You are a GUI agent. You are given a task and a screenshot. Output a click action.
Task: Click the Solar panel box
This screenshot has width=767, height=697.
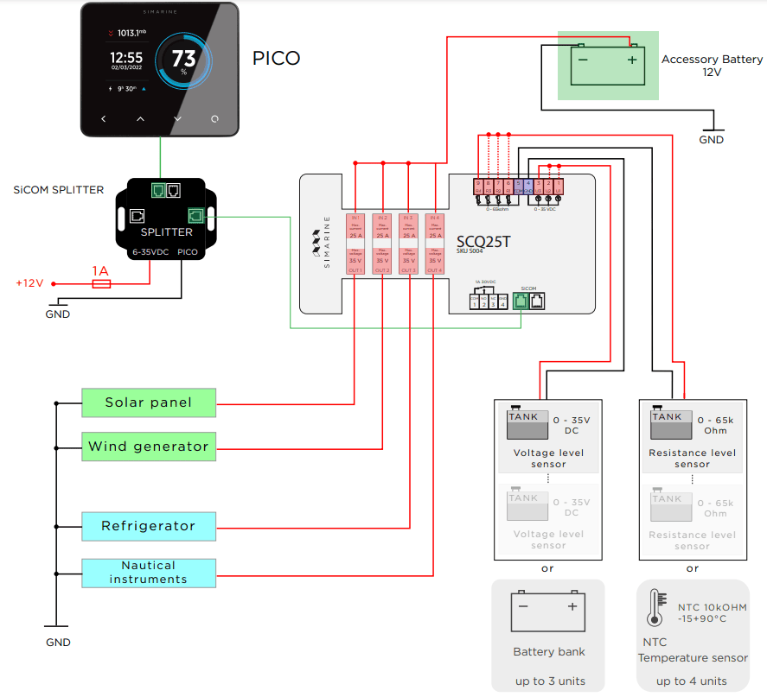[149, 402]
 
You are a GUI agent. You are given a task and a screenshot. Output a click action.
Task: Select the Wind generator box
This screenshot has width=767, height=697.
[149, 447]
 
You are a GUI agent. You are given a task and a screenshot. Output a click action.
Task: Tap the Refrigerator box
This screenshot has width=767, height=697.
[149, 526]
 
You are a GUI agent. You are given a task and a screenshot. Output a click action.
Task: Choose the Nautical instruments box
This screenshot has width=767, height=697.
[149, 572]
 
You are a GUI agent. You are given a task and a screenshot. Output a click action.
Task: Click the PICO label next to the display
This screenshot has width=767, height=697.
[276, 59]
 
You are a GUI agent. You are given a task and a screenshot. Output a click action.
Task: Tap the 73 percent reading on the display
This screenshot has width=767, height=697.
[183, 60]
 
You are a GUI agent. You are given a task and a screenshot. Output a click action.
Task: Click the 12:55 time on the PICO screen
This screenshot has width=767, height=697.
[126, 57]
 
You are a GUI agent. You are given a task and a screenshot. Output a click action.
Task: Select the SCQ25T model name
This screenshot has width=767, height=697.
[483, 241]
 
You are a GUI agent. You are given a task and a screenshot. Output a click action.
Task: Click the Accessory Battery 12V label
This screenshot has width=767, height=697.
[712, 66]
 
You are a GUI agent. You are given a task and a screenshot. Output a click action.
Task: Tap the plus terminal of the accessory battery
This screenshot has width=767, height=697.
[632, 60]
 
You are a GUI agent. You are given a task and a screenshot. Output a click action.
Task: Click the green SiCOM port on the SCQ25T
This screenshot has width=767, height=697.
[521, 301]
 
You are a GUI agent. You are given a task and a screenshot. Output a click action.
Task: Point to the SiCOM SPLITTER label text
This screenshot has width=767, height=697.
[59, 190]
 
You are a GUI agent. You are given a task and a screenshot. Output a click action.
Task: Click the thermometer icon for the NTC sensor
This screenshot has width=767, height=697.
[654, 608]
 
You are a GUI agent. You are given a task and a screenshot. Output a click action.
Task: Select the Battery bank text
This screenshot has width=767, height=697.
[548, 652]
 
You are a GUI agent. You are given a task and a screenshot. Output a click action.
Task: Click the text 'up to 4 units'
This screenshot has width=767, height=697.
[692, 681]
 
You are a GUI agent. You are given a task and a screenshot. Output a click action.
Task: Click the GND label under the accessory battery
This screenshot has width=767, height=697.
[711, 140]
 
